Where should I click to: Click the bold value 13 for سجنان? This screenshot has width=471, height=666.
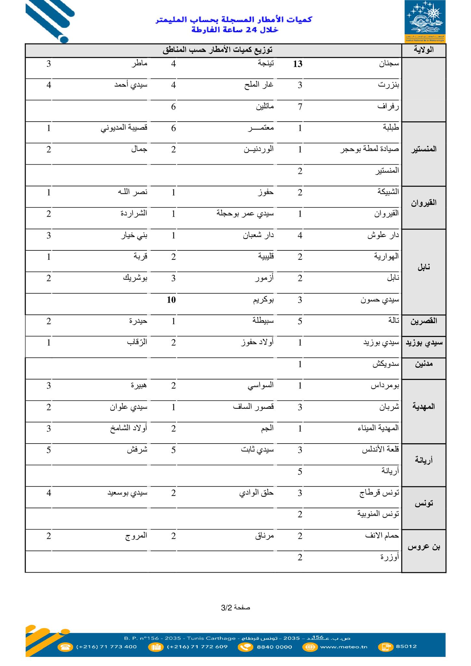(298, 64)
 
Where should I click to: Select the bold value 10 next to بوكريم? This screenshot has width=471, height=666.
(171, 300)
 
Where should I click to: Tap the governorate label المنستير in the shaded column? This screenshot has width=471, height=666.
(424, 150)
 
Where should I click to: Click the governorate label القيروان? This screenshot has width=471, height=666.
(424, 203)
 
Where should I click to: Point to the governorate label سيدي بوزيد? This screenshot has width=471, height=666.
(424, 343)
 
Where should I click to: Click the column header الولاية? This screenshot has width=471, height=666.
(424, 50)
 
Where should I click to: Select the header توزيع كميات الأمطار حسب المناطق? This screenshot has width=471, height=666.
(217, 50)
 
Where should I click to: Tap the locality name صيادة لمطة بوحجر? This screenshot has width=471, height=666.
(370, 150)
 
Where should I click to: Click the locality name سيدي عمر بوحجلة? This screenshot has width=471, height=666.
(245, 214)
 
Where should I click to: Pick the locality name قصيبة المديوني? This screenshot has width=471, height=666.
(124, 128)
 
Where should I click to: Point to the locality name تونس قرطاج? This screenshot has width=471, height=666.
(379, 493)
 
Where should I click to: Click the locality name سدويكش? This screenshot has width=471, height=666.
(386, 364)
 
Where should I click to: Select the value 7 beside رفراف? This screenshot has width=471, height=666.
(300, 107)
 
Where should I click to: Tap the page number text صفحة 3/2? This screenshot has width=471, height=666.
(235, 607)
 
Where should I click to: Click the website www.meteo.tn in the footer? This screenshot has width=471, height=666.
(344, 647)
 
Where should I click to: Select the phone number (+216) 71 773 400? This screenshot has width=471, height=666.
(106, 647)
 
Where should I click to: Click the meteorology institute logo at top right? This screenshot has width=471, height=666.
(425, 21)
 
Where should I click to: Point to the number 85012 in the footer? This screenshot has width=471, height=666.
(406, 646)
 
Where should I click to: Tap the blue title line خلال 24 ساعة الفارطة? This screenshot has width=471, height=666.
(235, 30)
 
